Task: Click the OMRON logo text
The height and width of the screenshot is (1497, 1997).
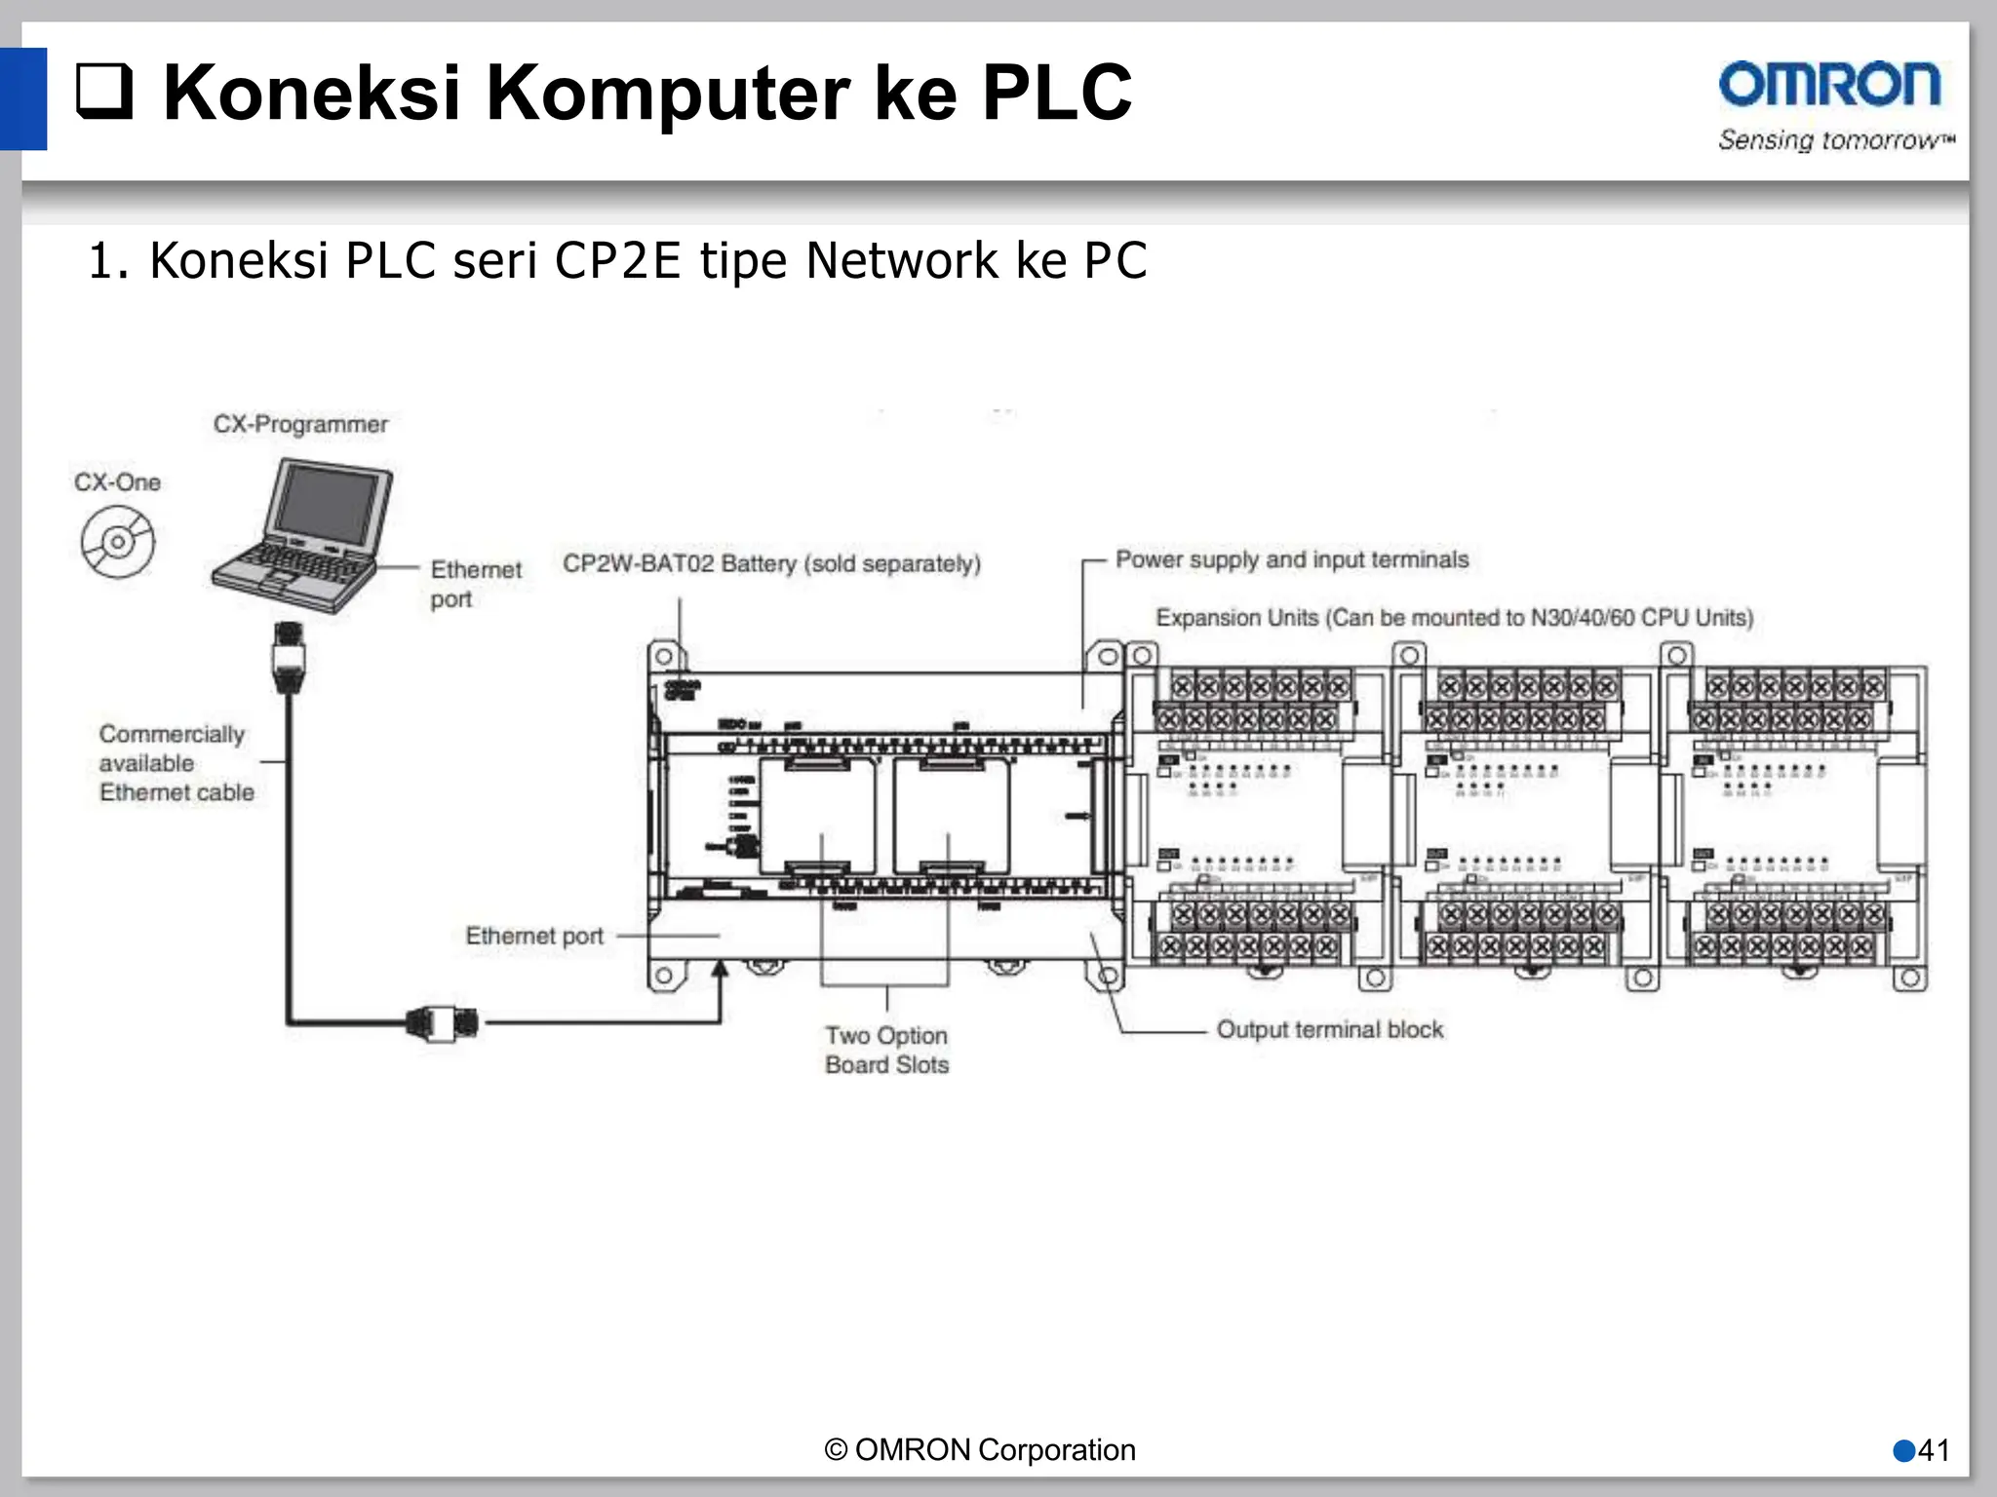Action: [x=1829, y=85]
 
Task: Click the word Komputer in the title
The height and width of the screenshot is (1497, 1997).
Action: [x=667, y=94]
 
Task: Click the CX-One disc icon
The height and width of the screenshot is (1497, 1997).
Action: [x=118, y=543]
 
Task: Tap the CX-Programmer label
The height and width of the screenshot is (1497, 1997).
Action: [x=300, y=424]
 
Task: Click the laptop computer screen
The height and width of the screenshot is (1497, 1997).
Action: [x=328, y=504]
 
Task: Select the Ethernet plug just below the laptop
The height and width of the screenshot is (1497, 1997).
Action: [x=289, y=656]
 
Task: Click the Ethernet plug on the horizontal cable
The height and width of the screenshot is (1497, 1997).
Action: [x=443, y=1022]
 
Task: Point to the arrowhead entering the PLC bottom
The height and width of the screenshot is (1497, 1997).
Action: [x=721, y=968]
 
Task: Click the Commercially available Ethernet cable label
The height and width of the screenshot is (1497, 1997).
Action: [x=176, y=763]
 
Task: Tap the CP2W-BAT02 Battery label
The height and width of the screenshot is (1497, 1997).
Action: [x=771, y=563]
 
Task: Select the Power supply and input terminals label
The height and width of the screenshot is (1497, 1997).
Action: [x=1291, y=559]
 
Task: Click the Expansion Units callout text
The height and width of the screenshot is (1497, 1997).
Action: [x=1454, y=618]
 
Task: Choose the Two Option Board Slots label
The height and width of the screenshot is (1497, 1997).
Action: [x=886, y=1050]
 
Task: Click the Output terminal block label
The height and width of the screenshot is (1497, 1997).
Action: [x=1329, y=1029]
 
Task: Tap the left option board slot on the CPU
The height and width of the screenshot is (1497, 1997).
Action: [x=818, y=817]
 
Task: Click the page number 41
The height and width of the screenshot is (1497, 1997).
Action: [x=1933, y=1450]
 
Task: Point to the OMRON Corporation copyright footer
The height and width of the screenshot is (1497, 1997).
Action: [x=980, y=1450]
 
